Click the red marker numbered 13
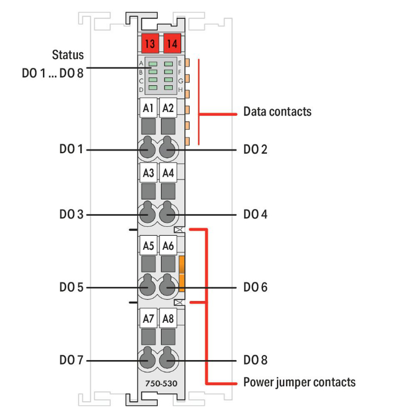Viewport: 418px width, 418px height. pyautogui.click(x=149, y=43)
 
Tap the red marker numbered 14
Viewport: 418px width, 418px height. pyautogui.click(x=172, y=43)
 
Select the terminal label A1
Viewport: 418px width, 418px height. pyautogui.click(x=148, y=108)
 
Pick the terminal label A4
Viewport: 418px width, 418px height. pyautogui.click(x=167, y=173)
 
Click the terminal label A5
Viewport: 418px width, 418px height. pyautogui.click(x=148, y=245)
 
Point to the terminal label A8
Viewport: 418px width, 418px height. pyautogui.click(x=167, y=319)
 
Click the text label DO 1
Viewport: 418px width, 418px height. pyautogui.click(x=71, y=149)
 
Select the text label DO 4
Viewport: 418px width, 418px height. pyautogui.click(x=255, y=214)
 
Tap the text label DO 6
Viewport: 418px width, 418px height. pyautogui.click(x=255, y=288)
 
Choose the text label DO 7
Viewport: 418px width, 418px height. pyautogui.click(x=71, y=360)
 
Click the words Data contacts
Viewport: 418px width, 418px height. pyautogui.click(x=277, y=111)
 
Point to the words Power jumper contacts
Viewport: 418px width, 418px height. pyautogui.click(x=299, y=382)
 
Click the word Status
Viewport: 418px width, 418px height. pyautogui.click(x=68, y=55)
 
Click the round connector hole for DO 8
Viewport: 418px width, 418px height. pyautogui.click(x=167, y=361)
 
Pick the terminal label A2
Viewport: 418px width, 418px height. pyautogui.click(x=167, y=108)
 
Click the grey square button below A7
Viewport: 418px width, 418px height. pyautogui.click(x=148, y=336)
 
